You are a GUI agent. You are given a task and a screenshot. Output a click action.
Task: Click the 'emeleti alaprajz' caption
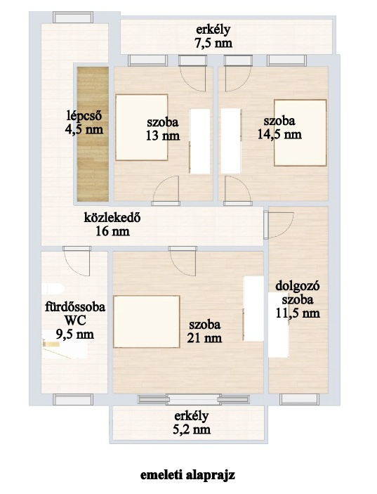[x=187, y=475]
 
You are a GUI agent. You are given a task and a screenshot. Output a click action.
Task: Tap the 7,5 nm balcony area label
[x=213, y=43]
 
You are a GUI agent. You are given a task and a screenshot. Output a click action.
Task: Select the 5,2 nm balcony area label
[x=192, y=429]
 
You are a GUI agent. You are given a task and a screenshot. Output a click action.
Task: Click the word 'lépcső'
[x=84, y=116]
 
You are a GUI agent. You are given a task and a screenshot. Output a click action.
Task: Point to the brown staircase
[x=93, y=134]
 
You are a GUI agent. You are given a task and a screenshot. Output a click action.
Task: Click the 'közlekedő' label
[x=112, y=217]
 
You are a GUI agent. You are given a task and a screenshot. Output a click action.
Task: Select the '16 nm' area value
[x=112, y=232]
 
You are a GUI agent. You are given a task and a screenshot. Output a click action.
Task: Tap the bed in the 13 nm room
[x=141, y=127]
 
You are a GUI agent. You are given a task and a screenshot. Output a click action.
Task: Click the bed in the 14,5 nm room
[x=300, y=133]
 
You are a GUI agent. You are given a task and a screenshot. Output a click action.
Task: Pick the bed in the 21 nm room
[x=147, y=321]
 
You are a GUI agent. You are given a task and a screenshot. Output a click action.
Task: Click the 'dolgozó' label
[x=298, y=287]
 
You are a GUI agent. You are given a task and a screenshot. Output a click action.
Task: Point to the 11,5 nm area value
[x=298, y=313]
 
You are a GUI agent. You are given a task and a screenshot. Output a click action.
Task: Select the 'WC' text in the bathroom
[x=75, y=320]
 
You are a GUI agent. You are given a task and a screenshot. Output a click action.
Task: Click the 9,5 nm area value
[x=75, y=334]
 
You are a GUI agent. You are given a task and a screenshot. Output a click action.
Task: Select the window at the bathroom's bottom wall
[x=73, y=399]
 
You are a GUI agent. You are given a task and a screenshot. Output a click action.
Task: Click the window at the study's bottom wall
[x=300, y=399]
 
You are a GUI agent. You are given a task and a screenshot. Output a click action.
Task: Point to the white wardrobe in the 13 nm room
[x=200, y=141]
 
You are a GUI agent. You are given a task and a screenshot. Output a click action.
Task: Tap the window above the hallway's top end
[x=73, y=18]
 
